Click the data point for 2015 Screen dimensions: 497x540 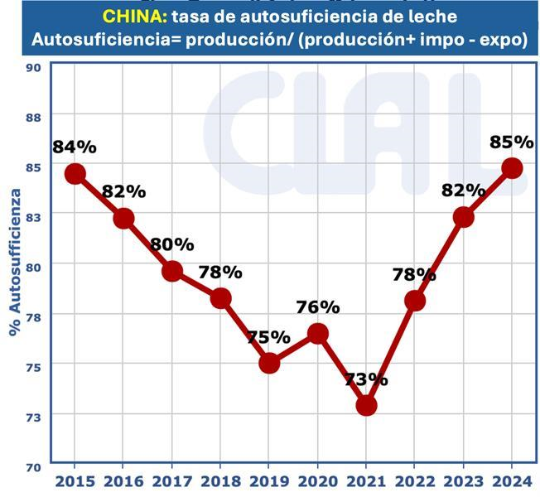tap(75, 173)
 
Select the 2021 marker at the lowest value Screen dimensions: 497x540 tap(366, 405)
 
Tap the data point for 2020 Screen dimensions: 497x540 tap(317, 333)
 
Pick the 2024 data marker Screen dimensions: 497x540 tap(512, 167)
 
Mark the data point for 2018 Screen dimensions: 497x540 tap(220, 298)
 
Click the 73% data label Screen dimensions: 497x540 tap(366, 379)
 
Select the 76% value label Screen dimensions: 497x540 tap(317, 306)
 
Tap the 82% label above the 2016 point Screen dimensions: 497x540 tap(123, 191)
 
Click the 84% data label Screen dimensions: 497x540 tap(75, 147)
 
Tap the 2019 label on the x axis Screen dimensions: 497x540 tap(269, 480)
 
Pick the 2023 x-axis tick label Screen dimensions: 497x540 tap(464, 480)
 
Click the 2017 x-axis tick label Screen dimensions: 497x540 tap(172, 480)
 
